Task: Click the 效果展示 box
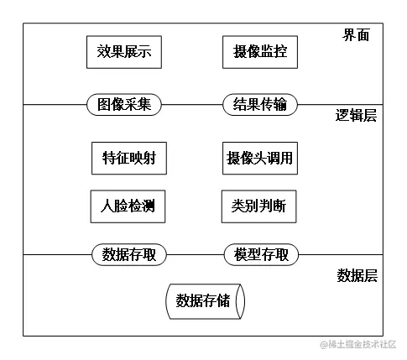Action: pos(124,52)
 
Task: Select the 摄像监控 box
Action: pos(259,52)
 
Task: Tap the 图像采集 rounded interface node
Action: pos(124,105)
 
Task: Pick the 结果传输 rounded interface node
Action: pos(260,105)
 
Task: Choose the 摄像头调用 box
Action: pos(260,158)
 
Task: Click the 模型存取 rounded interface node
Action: pos(260,254)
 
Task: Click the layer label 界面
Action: pos(356,35)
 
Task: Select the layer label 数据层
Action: pos(357,274)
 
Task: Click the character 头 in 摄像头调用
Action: pos(260,158)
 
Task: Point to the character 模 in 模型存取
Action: pos(241,254)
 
